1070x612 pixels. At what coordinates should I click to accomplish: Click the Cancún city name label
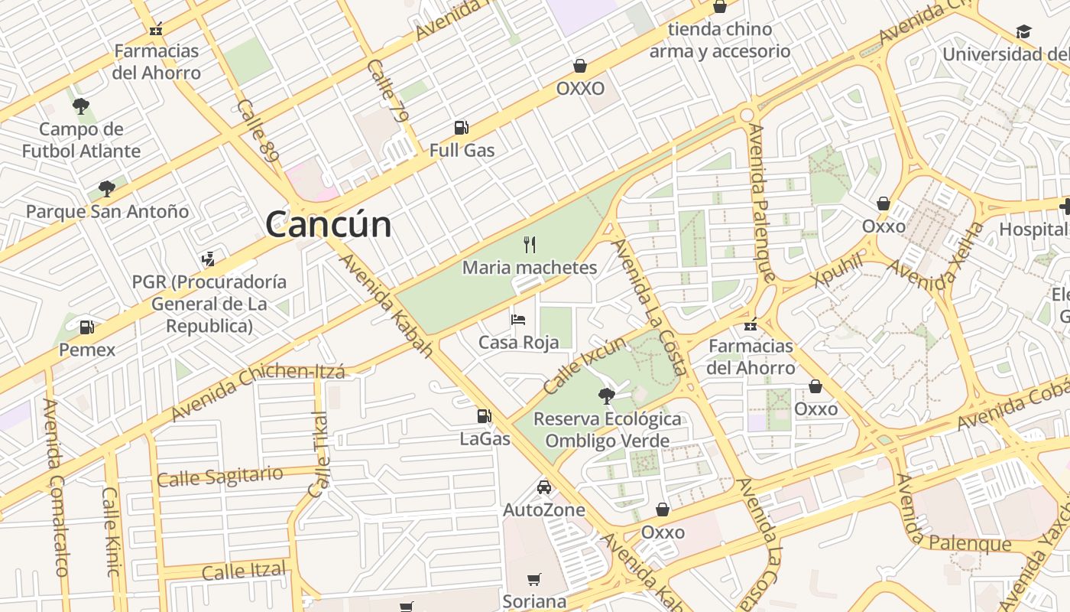pos(328,224)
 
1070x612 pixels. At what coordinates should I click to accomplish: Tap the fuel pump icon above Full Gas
pos(461,128)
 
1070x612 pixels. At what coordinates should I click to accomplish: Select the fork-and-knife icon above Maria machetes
pos(530,245)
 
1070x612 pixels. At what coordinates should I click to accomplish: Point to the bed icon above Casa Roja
pos(518,320)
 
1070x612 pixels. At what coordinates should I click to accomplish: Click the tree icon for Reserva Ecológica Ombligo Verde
pos(607,396)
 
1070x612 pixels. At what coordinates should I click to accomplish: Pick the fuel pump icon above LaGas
pos(484,416)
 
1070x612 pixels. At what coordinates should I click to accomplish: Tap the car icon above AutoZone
pos(543,487)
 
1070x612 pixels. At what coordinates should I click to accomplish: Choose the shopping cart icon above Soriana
pos(534,580)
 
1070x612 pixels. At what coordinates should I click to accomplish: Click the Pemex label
pos(87,350)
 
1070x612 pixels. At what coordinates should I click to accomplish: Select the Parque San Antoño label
pos(107,211)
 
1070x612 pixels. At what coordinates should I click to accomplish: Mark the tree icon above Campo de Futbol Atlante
pos(80,106)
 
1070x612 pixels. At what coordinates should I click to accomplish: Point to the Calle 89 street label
pos(258,129)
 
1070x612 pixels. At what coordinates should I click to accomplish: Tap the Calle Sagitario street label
pos(219,477)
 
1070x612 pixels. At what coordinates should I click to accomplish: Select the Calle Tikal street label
pos(319,454)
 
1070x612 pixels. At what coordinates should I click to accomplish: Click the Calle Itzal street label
pos(243,571)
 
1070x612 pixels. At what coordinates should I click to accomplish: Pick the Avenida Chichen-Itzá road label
pos(258,392)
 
